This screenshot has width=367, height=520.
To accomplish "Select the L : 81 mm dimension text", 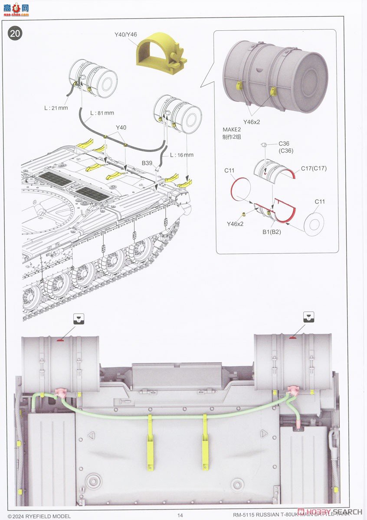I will pos(102,113).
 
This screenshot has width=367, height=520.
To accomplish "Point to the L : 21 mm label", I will pos(56,107).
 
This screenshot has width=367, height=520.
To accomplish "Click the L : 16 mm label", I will pos(181,155).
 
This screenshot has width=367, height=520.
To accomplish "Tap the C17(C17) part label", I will pos(314,168).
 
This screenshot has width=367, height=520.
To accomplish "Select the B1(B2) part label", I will pos(272,231).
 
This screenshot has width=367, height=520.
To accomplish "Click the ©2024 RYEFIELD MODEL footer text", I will pos(39,516).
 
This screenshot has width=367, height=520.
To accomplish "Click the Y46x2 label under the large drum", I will pos(251,122).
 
